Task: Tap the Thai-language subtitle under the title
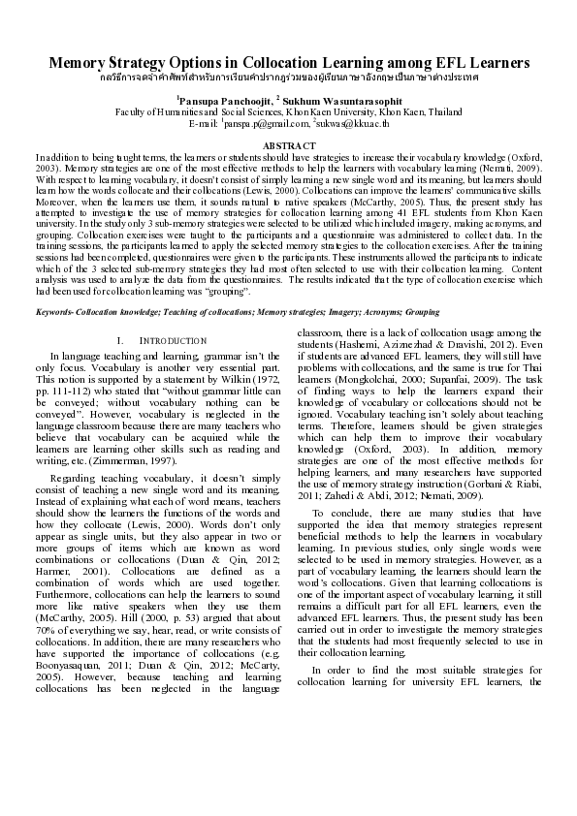pos(288,76)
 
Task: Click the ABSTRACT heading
pos(288,143)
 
